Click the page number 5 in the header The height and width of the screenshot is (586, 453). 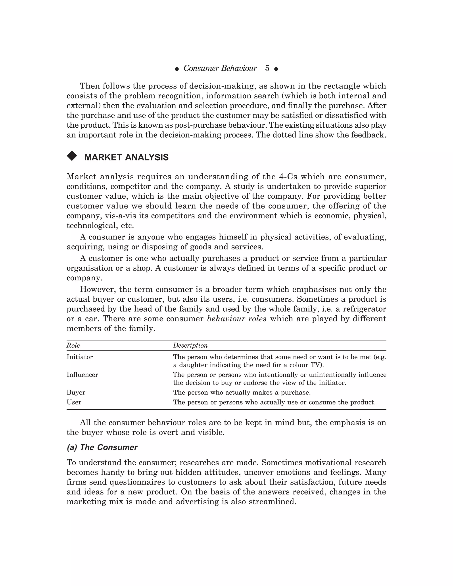click(x=267, y=68)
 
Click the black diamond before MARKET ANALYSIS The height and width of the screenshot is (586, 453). click(x=72, y=156)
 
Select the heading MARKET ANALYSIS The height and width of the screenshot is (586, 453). click(x=126, y=157)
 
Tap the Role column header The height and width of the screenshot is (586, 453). click(x=73, y=345)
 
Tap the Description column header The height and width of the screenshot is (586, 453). click(x=190, y=345)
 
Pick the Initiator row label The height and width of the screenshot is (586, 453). click(x=80, y=357)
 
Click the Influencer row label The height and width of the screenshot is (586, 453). click(x=82, y=375)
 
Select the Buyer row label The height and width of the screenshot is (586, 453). click(x=76, y=393)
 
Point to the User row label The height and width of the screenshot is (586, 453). click(x=74, y=402)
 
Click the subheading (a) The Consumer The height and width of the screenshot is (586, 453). click(x=102, y=447)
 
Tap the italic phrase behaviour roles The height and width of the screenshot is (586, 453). click(x=237, y=319)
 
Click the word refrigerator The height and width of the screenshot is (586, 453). click(x=363, y=309)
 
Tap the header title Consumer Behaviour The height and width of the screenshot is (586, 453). click(x=220, y=68)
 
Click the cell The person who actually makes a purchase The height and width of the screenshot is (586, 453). click(x=242, y=393)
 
